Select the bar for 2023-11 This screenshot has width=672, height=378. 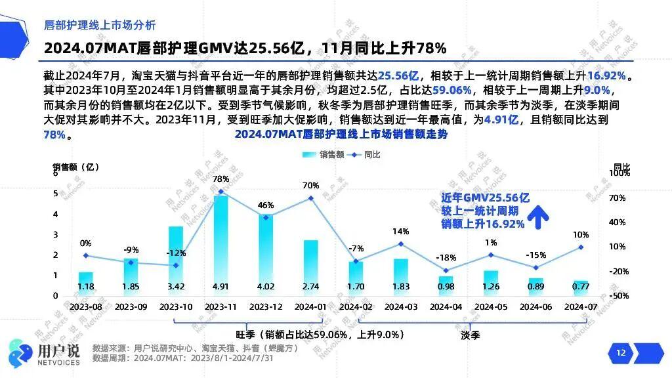click(220, 243)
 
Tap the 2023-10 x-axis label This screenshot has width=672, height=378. click(175, 306)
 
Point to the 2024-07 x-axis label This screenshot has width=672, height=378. click(580, 306)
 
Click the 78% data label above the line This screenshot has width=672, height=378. click(221, 178)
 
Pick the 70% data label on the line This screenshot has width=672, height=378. click(310, 185)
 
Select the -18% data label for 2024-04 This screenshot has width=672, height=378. click(446, 258)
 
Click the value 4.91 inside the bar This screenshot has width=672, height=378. click(220, 286)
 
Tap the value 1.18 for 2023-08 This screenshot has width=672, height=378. click(85, 286)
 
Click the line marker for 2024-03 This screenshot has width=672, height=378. click(400, 244)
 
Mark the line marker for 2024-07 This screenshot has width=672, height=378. click(580, 247)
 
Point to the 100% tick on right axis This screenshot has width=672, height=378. click(619, 173)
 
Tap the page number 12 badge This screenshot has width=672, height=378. click(621, 353)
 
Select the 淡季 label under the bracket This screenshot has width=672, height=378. click(470, 334)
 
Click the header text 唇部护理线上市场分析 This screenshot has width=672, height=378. click(99, 26)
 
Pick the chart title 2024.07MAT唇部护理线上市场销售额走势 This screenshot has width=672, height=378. click(341, 134)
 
